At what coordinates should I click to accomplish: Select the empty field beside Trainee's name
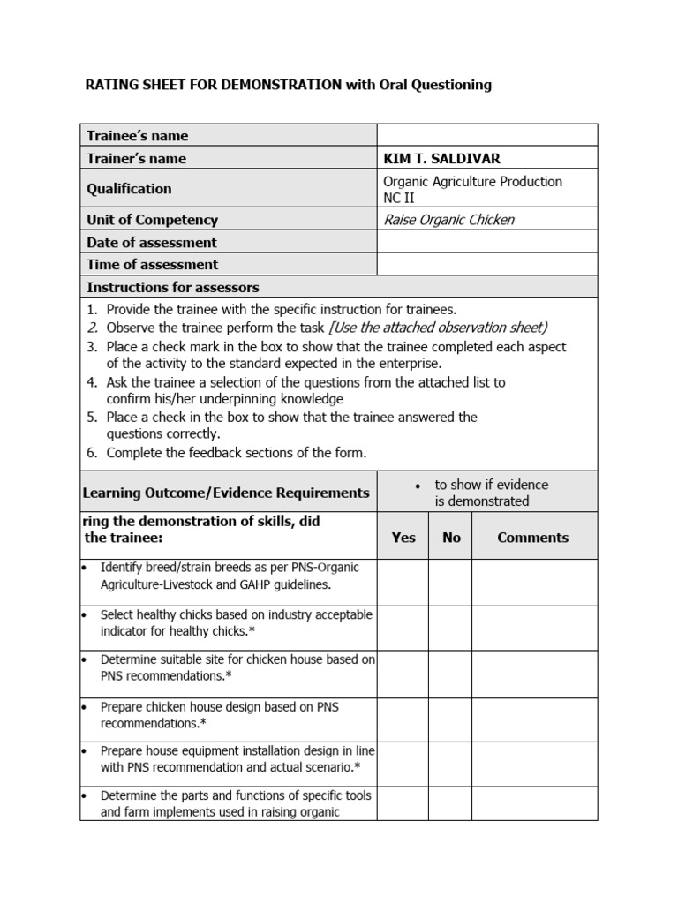tap(487, 135)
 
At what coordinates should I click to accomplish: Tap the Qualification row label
tap(129, 189)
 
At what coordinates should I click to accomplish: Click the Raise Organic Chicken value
tap(448, 220)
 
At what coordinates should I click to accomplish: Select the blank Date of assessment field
tap(487, 242)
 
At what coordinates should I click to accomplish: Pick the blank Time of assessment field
tap(487, 264)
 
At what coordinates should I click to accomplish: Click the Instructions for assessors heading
tap(173, 287)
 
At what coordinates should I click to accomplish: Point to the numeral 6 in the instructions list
tap(91, 453)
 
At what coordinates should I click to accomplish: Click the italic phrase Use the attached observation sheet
tap(439, 327)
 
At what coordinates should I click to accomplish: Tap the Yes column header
tap(403, 537)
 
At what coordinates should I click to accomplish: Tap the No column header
tap(451, 537)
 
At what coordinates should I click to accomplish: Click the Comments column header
tap(532, 537)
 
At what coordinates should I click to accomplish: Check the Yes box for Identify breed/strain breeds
tap(403, 583)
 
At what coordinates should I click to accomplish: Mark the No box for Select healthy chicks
tap(451, 628)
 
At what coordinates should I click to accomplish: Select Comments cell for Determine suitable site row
tap(534, 674)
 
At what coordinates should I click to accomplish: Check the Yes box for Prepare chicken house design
tap(403, 719)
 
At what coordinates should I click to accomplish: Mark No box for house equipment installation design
tap(451, 764)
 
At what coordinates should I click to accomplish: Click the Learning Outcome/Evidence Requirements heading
tap(226, 493)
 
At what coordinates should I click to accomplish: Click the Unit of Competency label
tap(152, 220)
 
